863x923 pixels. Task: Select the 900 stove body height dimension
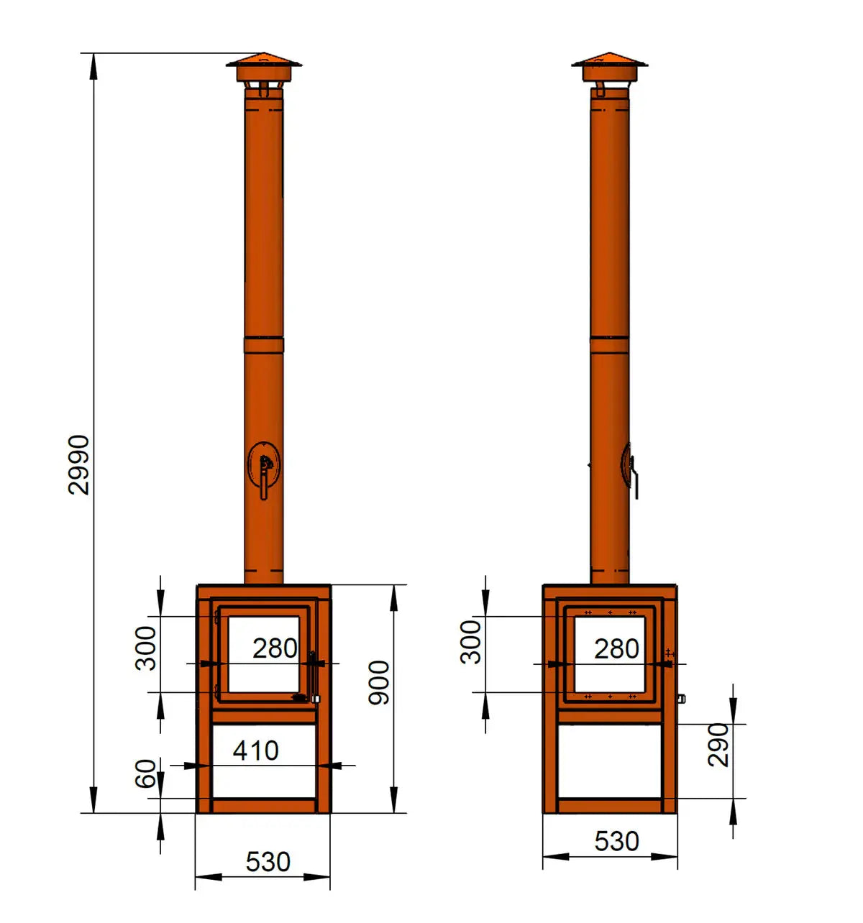click(379, 683)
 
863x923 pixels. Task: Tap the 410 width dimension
click(255, 750)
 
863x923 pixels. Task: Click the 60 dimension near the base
click(146, 773)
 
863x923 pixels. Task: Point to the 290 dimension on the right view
click(718, 745)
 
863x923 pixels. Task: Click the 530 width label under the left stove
click(268, 861)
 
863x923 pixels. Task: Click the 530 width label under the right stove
click(616, 840)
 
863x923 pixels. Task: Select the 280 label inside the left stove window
click(275, 648)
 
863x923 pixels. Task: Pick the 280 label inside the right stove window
click(616, 648)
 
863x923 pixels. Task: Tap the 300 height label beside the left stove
click(146, 648)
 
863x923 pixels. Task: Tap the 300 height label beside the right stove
click(471, 642)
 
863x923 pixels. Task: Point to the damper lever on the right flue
click(633, 478)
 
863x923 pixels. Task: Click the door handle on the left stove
click(312, 676)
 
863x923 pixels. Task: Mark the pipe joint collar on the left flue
click(264, 344)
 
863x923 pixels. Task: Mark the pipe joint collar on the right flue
click(610, 344)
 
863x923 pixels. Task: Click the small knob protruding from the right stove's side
click(681, 698)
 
